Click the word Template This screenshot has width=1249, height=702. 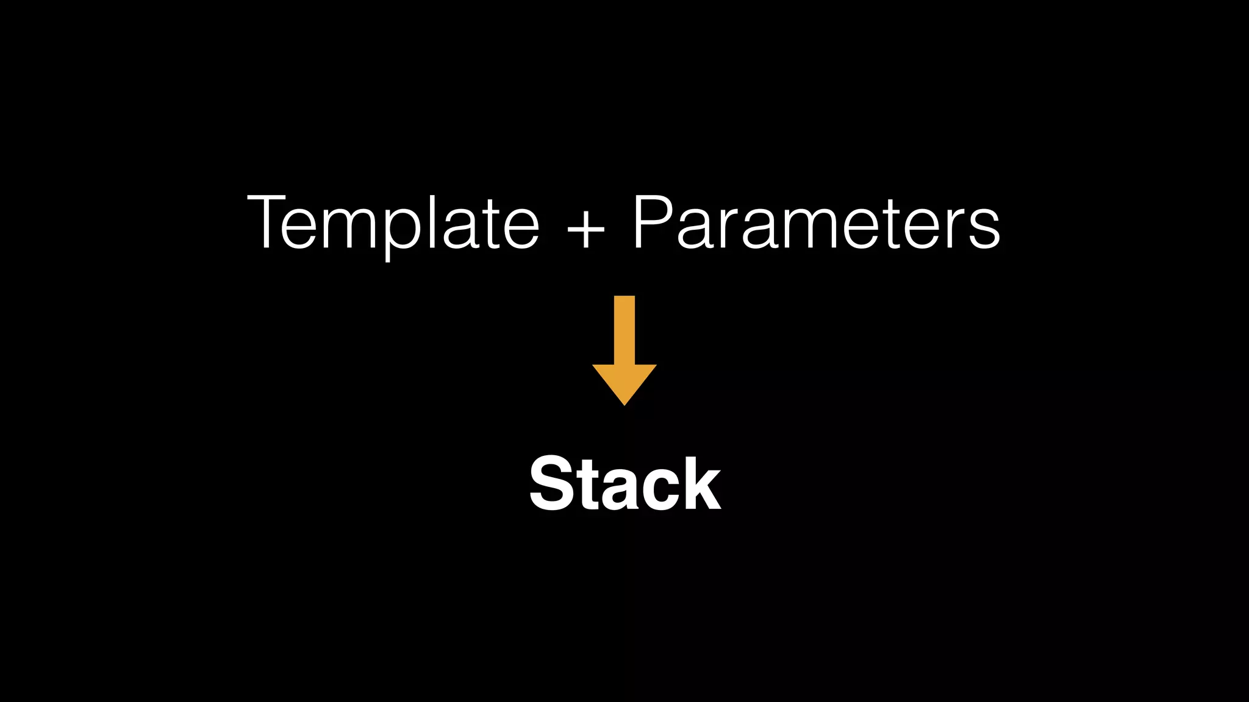point(393,222)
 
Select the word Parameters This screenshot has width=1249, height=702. point(816,222)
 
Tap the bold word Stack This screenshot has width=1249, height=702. point(624,484)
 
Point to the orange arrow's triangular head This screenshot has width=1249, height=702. point(624,381)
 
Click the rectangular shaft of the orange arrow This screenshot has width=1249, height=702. point(624,329)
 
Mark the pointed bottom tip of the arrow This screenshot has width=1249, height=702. point(624,403)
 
